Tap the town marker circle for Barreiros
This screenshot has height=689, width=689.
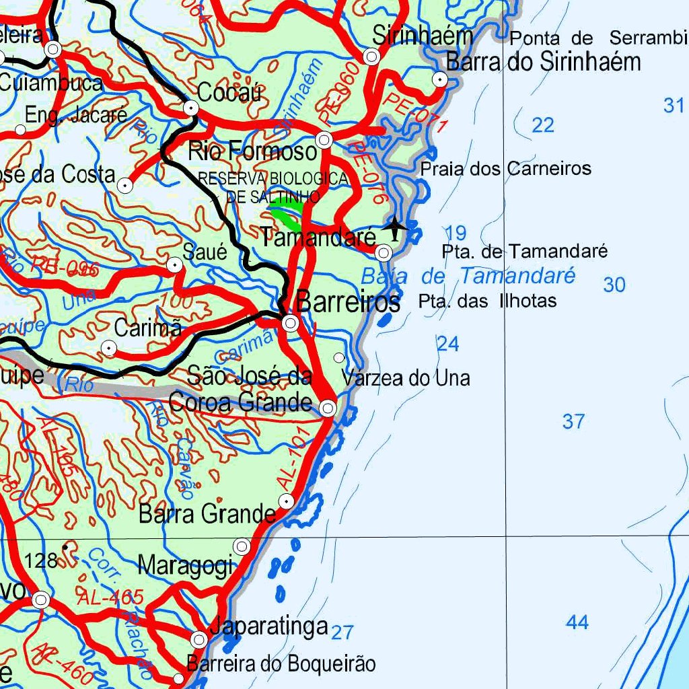point(291,323)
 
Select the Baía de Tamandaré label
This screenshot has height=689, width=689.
point(468,276)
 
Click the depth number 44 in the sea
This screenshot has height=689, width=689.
point(577,622)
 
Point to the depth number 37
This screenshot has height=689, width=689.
point(573,422)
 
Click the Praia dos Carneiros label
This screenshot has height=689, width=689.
point(506,168)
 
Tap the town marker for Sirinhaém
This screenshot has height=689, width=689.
point(371,57)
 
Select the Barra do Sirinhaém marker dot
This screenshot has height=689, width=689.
point(440,79)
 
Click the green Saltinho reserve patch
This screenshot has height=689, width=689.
point(285,217)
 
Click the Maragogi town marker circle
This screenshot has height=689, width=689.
point(242,546)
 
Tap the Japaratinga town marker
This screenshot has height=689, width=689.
point(199,639)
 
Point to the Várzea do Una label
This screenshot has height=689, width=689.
point(406,378)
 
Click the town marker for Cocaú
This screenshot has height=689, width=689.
point(192,108)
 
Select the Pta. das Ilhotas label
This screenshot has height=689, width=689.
point(487,301)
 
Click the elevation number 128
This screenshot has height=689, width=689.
point(41,560)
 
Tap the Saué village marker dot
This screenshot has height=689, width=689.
point(175,266)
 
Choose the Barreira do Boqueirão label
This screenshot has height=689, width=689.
point(281,664)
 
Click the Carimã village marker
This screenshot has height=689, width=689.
point(108,348)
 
